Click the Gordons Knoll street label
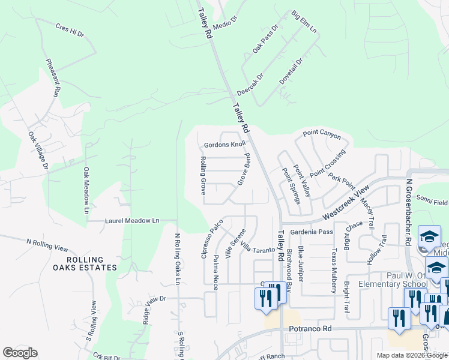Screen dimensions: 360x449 coord(225,145)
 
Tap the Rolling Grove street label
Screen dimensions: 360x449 coord(203,175)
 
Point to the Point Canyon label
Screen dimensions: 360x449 coord(322,133)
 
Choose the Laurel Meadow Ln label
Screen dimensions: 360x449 coord(132,221)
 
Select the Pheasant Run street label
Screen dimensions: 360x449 coord(53,79)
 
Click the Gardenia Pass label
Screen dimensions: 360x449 coord(311,232)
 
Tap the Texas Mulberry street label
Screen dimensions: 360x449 coord(333,271)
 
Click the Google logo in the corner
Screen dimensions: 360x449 coord(20,353)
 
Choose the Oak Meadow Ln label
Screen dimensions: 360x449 coord(86,191)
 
